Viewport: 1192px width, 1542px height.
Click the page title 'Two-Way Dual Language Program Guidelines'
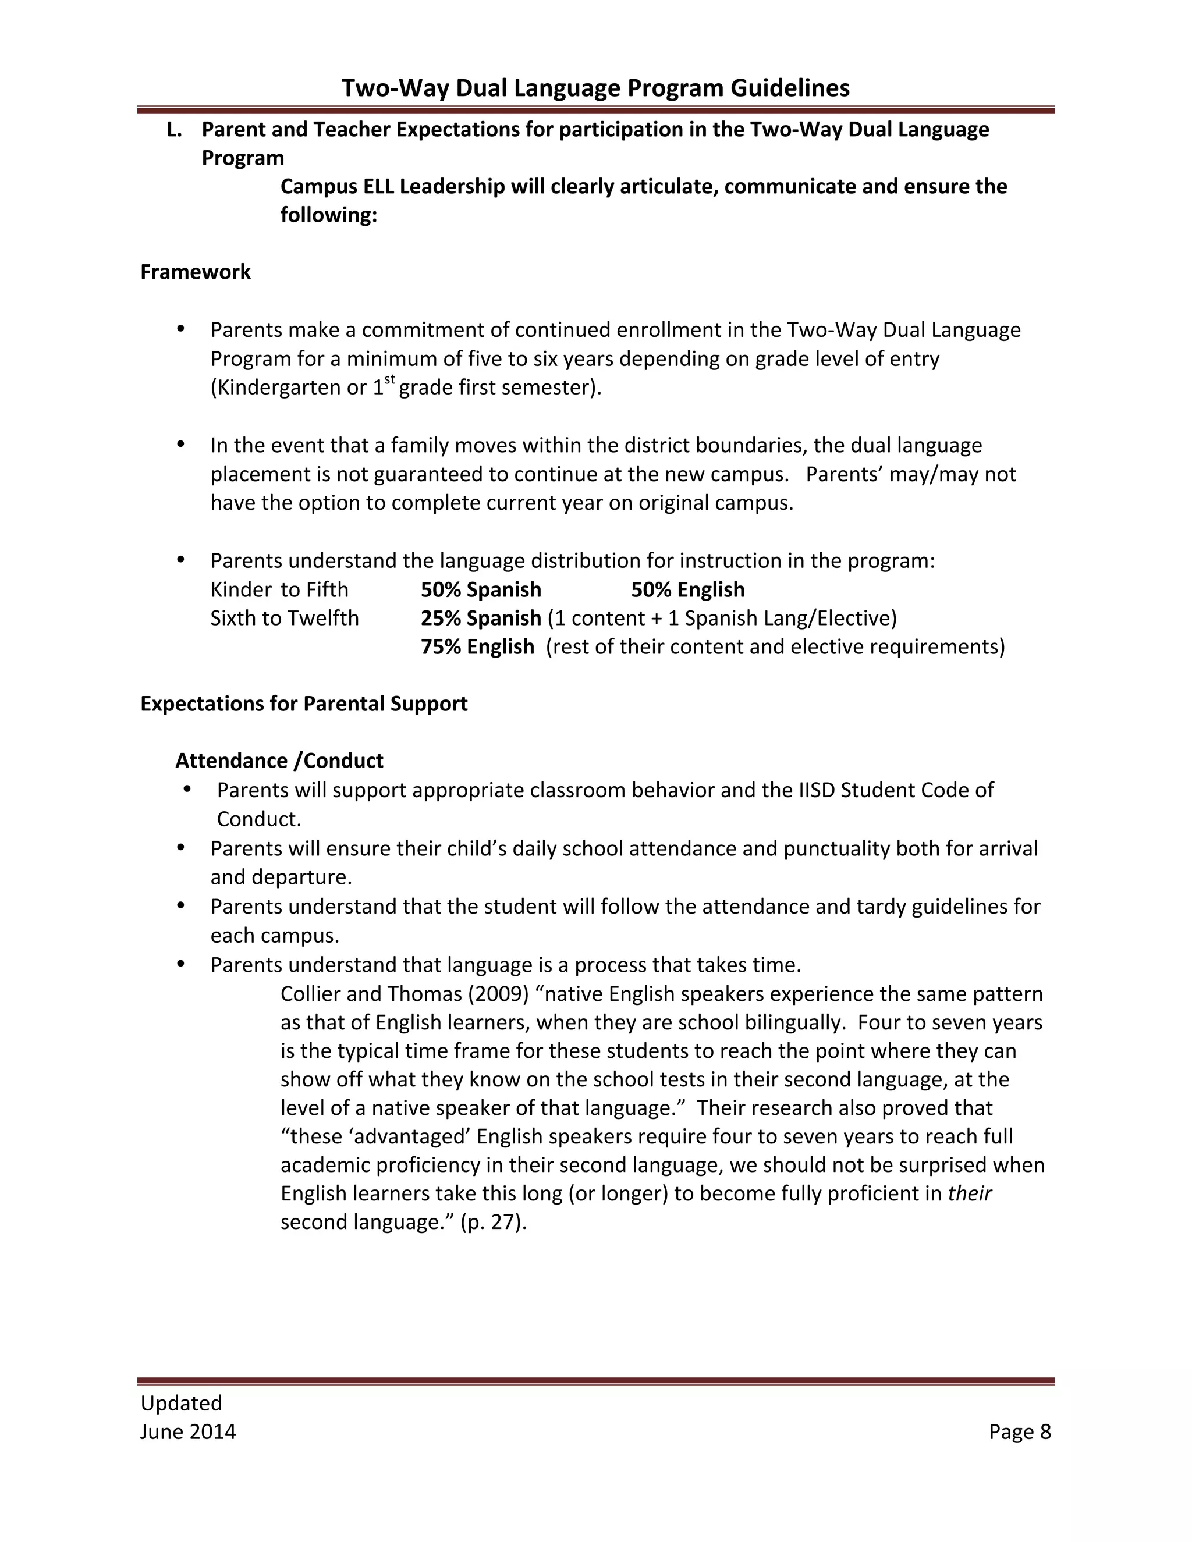pyautogui.click(x=595, y=87)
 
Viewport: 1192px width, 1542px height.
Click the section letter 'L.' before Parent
pyautogui.click(x=173, y=130)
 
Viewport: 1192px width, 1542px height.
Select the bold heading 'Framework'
pyautogui.click(x=195, y=272)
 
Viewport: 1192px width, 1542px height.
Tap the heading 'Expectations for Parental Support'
pyautogui.click(x=304, y=704)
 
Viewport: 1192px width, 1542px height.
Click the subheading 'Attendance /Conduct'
pyautogui.click(x=279, y=761)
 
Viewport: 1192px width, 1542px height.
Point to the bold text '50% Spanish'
pyautogui.click(x=481, y=589)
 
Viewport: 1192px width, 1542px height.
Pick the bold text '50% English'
pyautogui.click(x=688, y=589)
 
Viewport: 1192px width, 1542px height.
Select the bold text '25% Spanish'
pyautogui.click(x=481, y=618)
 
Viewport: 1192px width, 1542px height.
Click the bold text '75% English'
pyautogui.click(x=477, y=646)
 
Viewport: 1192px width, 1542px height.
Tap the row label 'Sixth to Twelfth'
pyautogui.click(x=285, y=618)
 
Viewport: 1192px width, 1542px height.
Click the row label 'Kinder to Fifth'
pyautogui.click(x=279, y=589)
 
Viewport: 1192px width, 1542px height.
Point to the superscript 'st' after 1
pyautogui.click(x=389, y=381)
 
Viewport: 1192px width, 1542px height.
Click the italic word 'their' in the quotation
pyautogui.click(x=970, y=1193)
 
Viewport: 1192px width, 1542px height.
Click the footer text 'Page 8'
pyautogui.click(x=1020, y=1431)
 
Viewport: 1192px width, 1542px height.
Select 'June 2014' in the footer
pyautogui.click(x=188, y=1431)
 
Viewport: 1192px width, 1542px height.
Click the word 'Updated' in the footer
pyautogui.click(x=181, y=1402)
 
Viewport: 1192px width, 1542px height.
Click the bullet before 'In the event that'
pyautogui.click(x=181, y=444)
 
